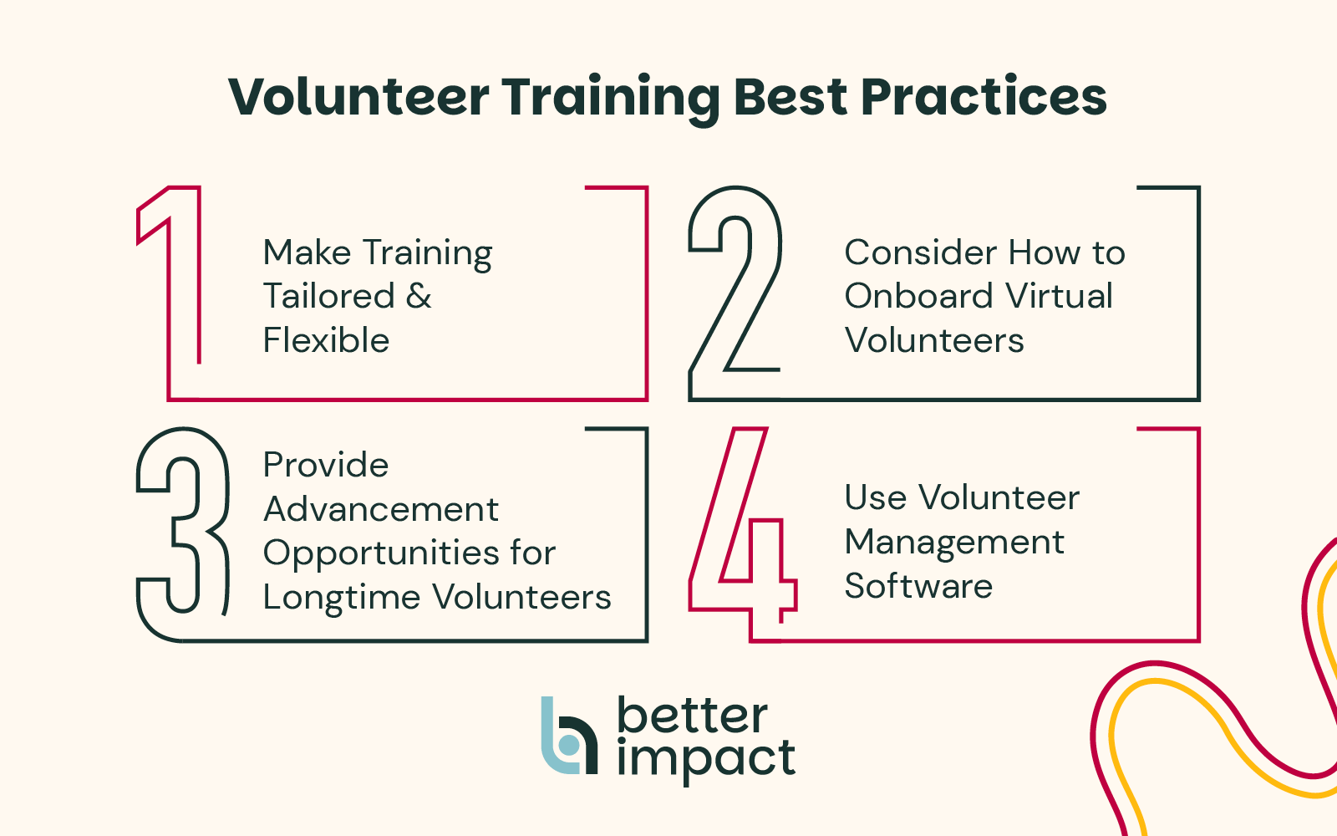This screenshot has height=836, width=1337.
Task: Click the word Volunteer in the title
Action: coord(358,96)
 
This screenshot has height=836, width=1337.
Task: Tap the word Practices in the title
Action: coord(984,96)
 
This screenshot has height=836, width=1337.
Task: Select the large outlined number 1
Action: coord(170,275)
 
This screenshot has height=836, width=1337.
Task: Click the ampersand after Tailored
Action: coord(419,296)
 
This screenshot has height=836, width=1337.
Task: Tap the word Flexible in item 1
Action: coord(326,339)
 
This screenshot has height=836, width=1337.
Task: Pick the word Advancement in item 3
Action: coord(381,509)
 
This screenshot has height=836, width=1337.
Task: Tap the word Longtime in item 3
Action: coord(342,597)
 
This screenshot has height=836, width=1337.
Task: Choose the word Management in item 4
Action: coord(954,543)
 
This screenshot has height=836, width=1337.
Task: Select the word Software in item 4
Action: coord(918,586)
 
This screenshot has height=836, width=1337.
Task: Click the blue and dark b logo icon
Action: coord(569,735)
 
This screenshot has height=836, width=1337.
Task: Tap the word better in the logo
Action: coord(693,716)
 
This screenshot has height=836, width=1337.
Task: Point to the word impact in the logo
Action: coord(706,761)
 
